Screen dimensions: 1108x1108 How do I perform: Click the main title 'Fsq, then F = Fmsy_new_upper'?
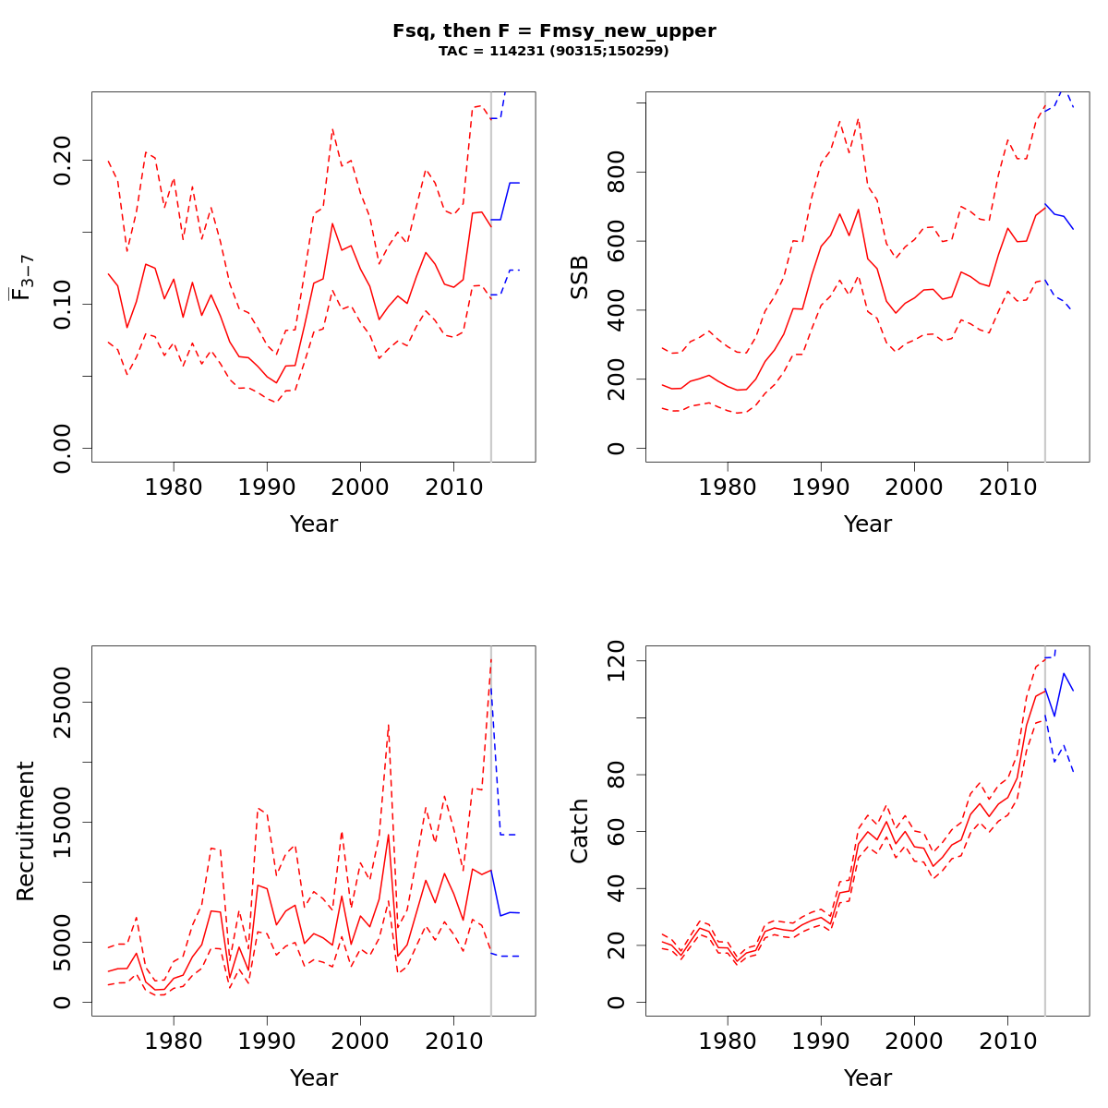coord(554,30)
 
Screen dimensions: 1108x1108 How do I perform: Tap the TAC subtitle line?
coord(554,52)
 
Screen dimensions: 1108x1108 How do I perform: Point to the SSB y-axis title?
coord(580,276)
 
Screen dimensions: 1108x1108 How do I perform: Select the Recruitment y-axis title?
coord(26,830)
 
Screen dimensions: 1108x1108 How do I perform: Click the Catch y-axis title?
coord(580,830)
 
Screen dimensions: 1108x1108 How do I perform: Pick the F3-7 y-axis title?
coord(19,276)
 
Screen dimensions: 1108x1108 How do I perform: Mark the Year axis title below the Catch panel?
coord(868,1078)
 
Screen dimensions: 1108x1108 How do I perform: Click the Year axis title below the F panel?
coord(314,524)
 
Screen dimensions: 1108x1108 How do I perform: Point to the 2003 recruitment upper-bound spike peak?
coord(389,726)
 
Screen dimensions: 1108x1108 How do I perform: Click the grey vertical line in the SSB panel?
coord(1045,277)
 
